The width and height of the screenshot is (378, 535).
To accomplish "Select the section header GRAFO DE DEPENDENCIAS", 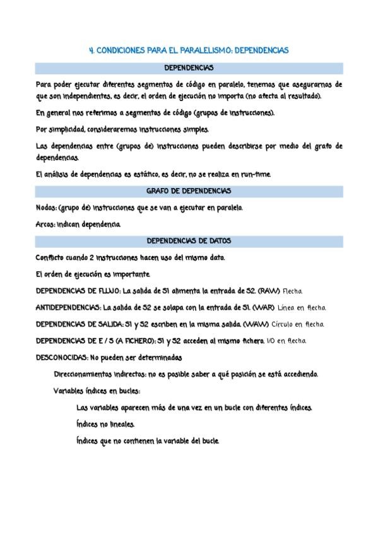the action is pos(189,191).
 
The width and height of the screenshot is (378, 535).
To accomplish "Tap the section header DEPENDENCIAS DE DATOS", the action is pos(189,240).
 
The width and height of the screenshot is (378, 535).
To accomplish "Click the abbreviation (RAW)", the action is pos(269,291).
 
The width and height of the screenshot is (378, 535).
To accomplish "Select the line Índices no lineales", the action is pos(105,424).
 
